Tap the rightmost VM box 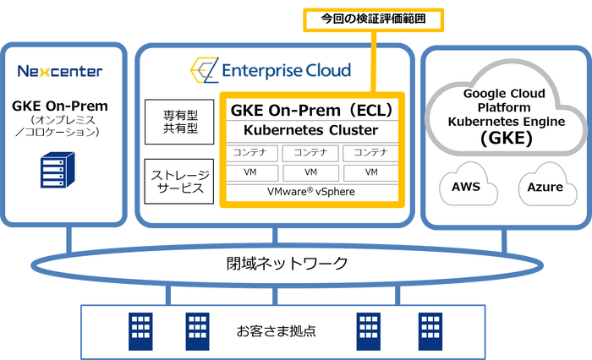(x=370, y=172)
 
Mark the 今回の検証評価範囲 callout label (x=362, y=17)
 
